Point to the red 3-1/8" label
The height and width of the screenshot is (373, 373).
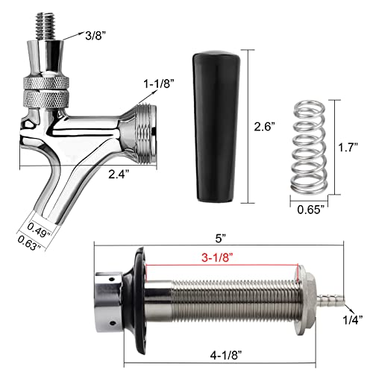click(x=224, y=257)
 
